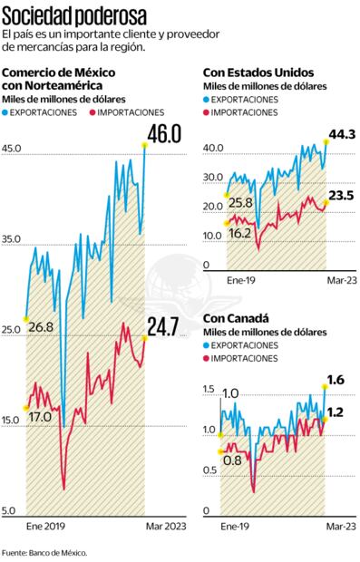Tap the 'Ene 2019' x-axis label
coord(46,525)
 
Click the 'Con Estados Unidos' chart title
coord(257,72)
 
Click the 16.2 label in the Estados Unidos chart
coord(239,232)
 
